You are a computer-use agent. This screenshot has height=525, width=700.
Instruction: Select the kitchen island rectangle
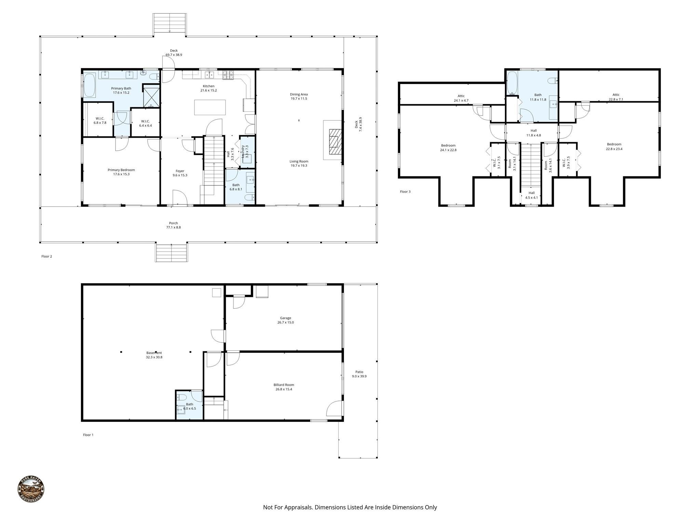coord(210,107)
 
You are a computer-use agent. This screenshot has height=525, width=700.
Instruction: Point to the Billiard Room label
coord(284,385)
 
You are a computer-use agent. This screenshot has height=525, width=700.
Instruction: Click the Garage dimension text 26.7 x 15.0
coord(285,322)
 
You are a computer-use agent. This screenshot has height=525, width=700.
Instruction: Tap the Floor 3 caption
coord(405,192)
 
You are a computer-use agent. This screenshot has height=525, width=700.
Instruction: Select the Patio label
coord(359,372)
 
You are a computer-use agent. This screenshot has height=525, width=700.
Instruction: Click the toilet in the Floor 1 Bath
coord(181,398)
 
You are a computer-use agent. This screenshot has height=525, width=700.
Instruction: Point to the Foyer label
coord(180,171)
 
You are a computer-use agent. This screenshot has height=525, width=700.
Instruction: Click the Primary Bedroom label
coord(121,170)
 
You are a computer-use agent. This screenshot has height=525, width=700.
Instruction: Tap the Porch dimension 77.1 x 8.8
coord(173,227)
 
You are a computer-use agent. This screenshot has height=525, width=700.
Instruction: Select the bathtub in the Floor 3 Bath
coord(512,83)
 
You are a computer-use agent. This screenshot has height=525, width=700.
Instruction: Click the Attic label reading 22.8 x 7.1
coord(616,99)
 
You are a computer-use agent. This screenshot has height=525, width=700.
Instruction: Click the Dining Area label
coord(299,94)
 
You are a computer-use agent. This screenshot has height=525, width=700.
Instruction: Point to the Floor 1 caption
coord(88,435)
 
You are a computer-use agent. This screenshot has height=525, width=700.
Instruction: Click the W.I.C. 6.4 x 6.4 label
coord(145,121)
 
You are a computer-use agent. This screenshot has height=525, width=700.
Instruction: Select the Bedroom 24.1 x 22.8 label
coord(448,145)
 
